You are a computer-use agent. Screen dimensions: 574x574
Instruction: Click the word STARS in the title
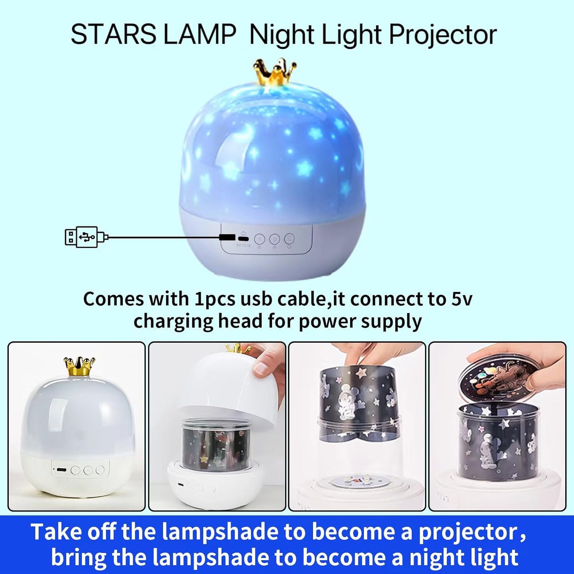(113, 35)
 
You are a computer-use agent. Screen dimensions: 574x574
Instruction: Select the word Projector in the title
(443, 35)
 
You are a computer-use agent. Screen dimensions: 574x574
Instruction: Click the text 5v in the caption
(462, 299)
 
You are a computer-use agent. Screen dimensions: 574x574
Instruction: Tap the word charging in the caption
(173, 321)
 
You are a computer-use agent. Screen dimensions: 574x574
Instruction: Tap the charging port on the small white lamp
(61, 470)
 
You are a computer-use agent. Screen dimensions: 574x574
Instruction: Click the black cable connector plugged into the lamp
(227, 238)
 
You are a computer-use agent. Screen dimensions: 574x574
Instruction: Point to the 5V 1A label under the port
(244, 245)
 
